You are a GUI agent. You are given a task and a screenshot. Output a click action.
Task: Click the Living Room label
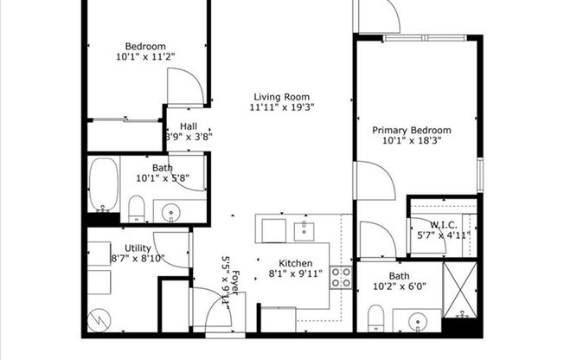tap(282, 97)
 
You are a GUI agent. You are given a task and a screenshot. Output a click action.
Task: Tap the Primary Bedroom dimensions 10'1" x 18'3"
tap(412, 140)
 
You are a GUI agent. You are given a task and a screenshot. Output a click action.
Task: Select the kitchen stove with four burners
tap(341, 278)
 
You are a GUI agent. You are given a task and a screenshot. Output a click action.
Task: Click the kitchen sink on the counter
tap(304, 231)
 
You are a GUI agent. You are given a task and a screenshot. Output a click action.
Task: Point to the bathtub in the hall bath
tap(104, 184)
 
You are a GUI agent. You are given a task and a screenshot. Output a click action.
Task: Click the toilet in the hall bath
tap(137, 209)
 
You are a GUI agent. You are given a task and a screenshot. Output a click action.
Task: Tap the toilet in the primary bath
tap(376, 318)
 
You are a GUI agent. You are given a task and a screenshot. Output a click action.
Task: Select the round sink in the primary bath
tap(418, 321)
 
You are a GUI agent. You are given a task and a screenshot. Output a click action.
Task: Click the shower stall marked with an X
tap(460, 290)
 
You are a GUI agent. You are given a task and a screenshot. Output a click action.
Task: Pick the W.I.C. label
tap(444, 225)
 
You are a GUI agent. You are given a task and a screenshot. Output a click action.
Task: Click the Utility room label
tap(138, 248)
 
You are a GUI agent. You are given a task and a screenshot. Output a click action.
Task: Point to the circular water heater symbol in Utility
tap(99, 321)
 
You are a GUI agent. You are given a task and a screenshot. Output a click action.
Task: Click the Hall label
tap(189, 126)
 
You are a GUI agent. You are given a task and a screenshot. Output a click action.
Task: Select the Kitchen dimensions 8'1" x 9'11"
tap(295, 274)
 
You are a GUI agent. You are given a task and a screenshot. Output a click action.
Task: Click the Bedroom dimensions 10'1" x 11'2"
tap(145, 56)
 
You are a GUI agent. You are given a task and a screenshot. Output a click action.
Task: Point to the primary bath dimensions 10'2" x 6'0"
tap(400, 286)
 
